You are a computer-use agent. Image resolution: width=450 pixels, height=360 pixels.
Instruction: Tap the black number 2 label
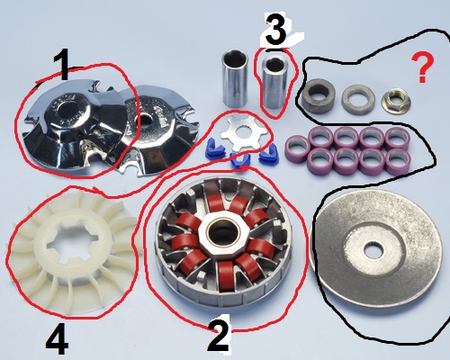pyautogui.click(x=219, y=333)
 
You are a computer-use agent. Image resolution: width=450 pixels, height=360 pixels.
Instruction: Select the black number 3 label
pyautogui.click(x=276, y=31)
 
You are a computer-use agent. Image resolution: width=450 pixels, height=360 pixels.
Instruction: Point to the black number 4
pyautogui.click(x=57, y=339)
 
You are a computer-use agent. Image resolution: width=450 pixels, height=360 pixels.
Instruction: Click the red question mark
pyautogui.click(x=423, y=67)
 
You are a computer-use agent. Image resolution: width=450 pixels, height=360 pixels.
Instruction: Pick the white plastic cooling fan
pyautogui.click(x=71, y=250)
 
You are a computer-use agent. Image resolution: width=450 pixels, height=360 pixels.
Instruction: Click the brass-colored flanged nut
pyautogui.click(x=396, y=99)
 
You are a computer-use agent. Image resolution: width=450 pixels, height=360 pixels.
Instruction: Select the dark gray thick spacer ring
pyautogui.click(x=318, y=94)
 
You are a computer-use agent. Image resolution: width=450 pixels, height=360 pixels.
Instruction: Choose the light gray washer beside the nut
pyautogui.click(x=358, y=99)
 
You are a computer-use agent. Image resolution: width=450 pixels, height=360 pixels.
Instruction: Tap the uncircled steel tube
pyautogui.click(x=235, y=78)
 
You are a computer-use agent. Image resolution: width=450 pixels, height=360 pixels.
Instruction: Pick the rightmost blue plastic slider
pyautogui.click(x=268, y=154)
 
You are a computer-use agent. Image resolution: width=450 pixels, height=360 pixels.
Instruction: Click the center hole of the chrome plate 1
pyautogui.click(x=69, y=111)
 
